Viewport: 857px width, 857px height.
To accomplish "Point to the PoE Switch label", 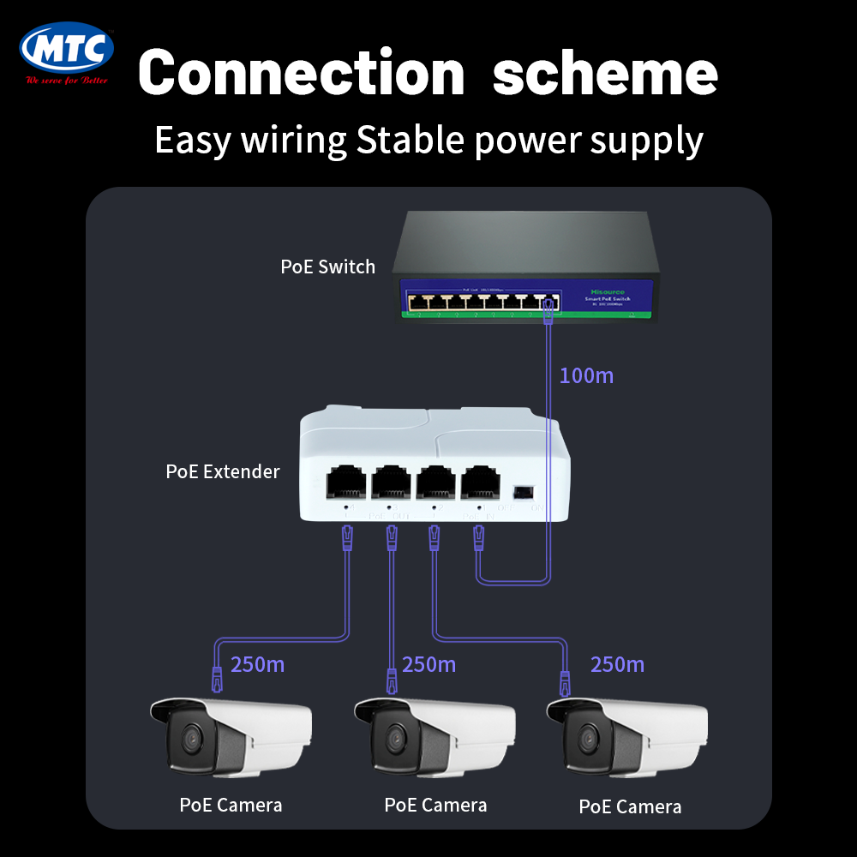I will click(x=327, y=267).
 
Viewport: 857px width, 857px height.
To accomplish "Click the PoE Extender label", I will click(x=222, y=471).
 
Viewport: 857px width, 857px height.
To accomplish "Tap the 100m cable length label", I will click(x=586, y=375).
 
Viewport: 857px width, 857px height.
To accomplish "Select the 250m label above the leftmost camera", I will click(x=258, y=664).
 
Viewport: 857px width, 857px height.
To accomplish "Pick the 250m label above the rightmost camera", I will click(x=617, y=664).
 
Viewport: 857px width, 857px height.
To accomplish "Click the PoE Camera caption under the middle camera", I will click(x=435, y=805).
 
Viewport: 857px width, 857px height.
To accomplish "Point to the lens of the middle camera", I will click(x=395, y=736).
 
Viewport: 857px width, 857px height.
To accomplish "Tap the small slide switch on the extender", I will click(x=521, y=492).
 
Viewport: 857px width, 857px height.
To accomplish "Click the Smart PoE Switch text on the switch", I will click(x=608, y=298).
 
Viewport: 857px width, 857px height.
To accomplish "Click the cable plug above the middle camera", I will click(x=392, y=682).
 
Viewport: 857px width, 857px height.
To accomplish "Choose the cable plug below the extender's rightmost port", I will click(x=479, y=539).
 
